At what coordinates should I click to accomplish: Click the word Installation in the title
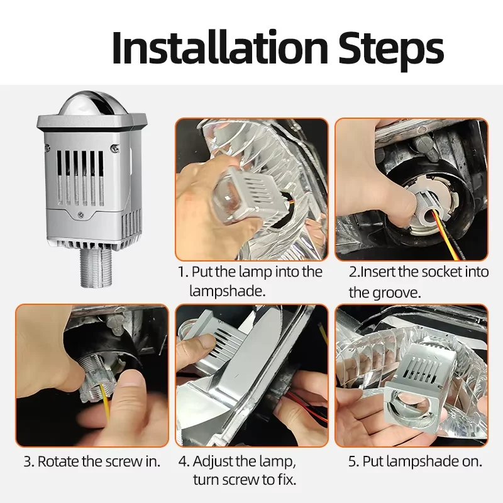click(220, 48)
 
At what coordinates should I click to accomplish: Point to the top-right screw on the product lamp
click(114, 148)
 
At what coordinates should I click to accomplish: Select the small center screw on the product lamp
click(81, 215)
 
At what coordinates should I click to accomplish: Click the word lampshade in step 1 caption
click(227, 291)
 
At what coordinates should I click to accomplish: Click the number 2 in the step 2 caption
click(353, 272)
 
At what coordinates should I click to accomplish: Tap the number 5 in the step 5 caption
click(352, 462)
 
